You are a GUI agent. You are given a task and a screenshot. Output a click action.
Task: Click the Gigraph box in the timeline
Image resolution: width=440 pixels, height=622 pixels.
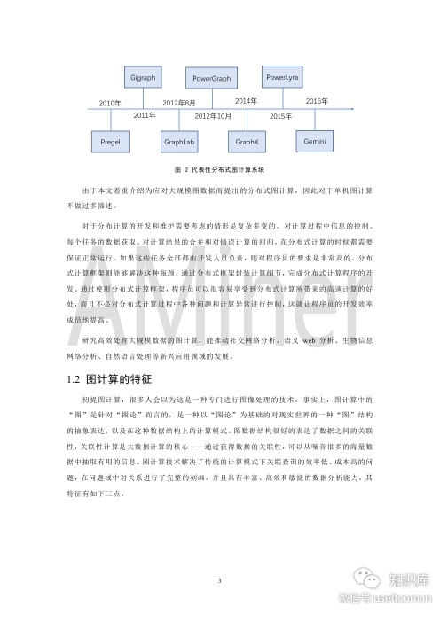[142, 78]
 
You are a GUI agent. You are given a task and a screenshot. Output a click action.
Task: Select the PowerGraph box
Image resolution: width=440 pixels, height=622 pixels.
[210, 79]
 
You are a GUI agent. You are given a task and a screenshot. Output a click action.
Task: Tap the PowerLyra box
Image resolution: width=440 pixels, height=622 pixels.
[281, 78]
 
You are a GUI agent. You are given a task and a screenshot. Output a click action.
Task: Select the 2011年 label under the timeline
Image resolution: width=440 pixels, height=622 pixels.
[145, 116]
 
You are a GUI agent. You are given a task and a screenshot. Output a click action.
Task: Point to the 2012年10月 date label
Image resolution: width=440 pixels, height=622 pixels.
[213, 116]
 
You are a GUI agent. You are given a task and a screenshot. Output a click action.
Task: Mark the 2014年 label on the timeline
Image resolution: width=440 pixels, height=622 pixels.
[247, 103]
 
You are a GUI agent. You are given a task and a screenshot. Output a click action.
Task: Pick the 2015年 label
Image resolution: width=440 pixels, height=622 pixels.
[280, 116]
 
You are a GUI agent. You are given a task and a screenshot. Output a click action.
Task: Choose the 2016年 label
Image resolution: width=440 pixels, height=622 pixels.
[317, 103]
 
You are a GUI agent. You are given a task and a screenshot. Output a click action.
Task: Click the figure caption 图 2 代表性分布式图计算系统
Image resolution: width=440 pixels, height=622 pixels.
[219, 168]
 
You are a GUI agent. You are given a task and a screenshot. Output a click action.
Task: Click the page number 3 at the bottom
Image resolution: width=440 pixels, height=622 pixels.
[219, 555]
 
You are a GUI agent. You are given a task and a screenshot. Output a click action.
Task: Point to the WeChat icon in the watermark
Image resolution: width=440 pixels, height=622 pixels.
[362, 577]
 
